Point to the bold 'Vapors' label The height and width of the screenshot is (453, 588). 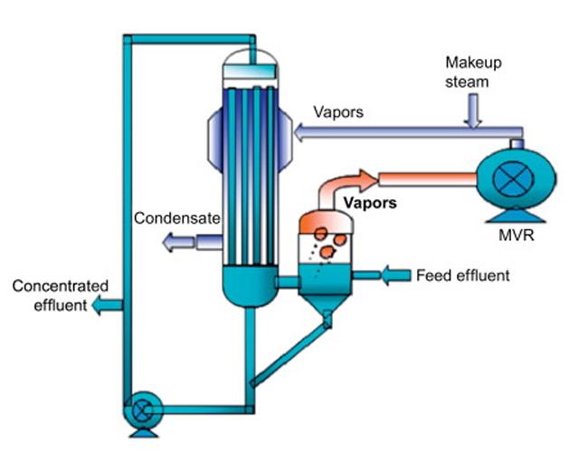tap(371, 204)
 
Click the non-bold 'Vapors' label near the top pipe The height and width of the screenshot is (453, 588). tap(338, 113)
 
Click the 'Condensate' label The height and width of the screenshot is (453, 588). tap(177, 218)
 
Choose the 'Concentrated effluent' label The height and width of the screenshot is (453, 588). tap(52, 296)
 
